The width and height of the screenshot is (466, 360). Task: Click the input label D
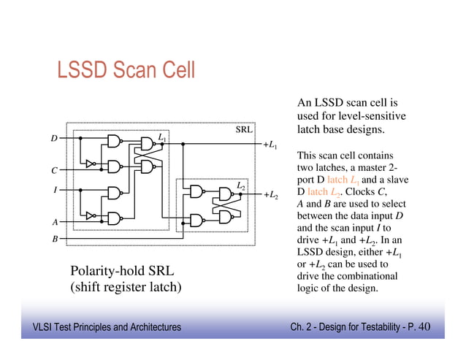tap(53, 137)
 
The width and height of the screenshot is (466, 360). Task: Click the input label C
tap(53, 171)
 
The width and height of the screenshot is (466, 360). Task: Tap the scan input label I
tap(54, 190)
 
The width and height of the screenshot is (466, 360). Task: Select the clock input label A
tap(54, 221)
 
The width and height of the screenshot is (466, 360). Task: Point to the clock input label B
tap(53, 238)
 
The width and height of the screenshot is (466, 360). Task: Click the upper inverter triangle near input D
tap(91, 164)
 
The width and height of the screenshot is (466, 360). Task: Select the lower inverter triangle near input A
tap(91, 216)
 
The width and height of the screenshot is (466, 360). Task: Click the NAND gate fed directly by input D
tap(114, 140)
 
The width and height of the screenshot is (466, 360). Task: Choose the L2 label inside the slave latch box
tap(242, 186)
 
